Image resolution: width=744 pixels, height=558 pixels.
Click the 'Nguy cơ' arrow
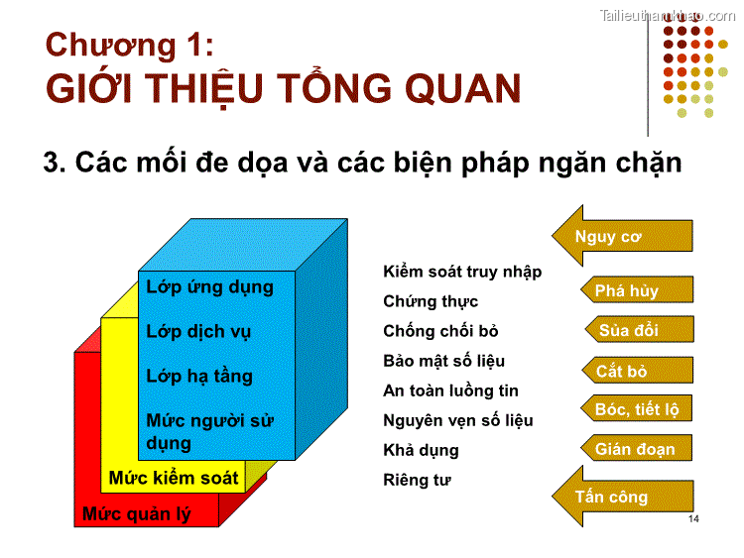(x=620, y=235)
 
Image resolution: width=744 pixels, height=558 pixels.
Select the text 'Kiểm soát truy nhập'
(x=462, y=272)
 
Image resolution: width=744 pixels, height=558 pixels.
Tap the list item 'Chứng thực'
(x=431, y=301)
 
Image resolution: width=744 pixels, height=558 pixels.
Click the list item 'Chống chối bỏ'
(x=441, y=331)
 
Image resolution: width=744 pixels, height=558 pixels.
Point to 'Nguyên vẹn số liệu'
(x=457, y=420)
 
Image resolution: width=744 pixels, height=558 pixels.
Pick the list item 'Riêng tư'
(x=417, y=480)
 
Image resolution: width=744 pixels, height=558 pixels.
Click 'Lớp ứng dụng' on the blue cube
(x=209, y=287)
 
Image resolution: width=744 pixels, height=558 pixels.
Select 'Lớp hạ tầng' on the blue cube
(x=199, y=377)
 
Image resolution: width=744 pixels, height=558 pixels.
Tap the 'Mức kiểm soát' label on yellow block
(x=174, y=478)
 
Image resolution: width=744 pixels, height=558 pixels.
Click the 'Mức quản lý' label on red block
(x=136, y=514)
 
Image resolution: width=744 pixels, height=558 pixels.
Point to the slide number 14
(x=692, y=520)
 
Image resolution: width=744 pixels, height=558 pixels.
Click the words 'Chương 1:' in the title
(x=129, y=46)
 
